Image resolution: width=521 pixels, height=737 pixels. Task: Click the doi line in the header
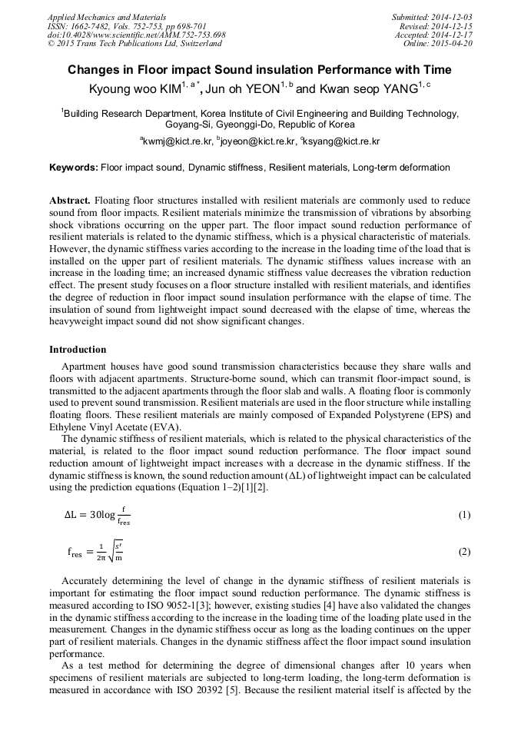[136, 35]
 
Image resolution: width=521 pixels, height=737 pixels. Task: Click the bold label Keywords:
[74, 168]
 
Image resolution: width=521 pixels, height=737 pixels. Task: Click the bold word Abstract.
[71, 201]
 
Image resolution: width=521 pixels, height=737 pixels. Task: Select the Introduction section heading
[78, 350]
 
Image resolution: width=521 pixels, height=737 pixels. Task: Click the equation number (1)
[464, 515]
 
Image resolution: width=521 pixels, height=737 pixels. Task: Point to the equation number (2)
[464, 552]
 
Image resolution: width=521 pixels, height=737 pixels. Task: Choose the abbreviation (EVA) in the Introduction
[166, 427]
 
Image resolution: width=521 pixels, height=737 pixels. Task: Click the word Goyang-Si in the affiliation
[188, 124]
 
